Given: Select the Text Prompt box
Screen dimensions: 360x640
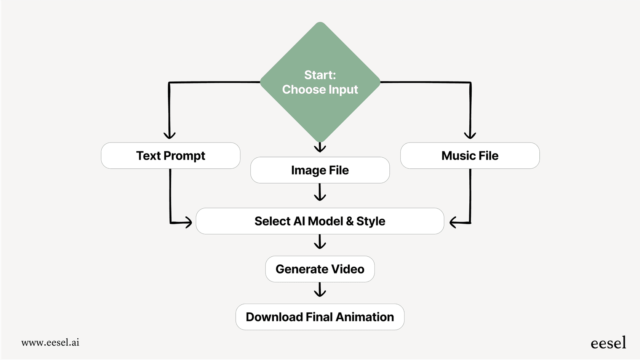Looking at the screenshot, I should click(x=170, y=155).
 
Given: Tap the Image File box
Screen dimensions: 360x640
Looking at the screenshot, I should click(x=320, y=170).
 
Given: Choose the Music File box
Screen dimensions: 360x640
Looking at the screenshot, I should click(x=470, y=155).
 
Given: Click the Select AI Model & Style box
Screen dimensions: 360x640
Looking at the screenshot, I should click(x=320, y=221).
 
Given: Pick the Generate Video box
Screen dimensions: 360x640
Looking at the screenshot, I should click(x=320, y=269).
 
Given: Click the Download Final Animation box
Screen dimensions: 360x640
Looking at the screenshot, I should click(x=320, y=317).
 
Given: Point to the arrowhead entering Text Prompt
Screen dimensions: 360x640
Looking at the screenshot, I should click(x=170, y=135).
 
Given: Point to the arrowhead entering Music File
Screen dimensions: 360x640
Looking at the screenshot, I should click(x=470, y=135).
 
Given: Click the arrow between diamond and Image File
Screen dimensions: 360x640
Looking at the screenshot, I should click(x=320, y=147).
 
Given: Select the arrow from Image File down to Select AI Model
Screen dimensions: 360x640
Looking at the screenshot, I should click(x=320, y=192).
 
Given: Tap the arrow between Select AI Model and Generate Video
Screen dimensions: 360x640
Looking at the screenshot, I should click(x=320, y=242).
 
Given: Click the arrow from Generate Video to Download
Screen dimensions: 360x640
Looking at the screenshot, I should click(x=320, y=290).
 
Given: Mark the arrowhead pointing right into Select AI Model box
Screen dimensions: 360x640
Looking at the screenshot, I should click(x=188, y=222).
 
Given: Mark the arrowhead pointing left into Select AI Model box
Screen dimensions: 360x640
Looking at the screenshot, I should click(x=453, y=222).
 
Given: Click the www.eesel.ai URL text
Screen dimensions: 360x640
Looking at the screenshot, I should click(x=50, y=342).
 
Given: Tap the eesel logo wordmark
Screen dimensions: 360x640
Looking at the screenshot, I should click(x=608, y=343).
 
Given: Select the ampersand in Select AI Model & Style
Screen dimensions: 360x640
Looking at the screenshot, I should click(x=350, y=221).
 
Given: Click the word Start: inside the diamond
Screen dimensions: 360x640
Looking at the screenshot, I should click(x=320, y=75).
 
